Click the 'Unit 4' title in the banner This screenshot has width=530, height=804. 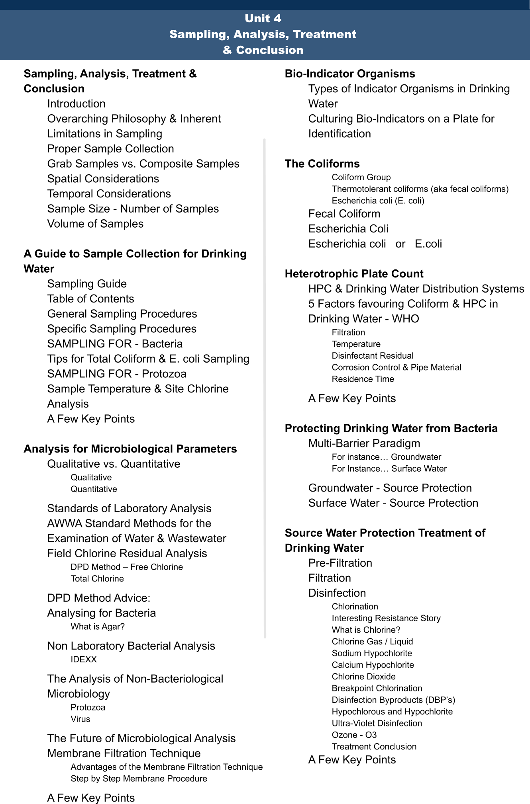[263, 18]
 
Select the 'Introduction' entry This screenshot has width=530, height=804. [76, 104]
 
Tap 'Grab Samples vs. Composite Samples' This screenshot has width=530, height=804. [143, 164]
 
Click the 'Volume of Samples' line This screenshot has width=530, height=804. [95, 224]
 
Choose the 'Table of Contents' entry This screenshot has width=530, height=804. [90, 299]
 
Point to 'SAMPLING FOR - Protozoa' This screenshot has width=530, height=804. [117, 374]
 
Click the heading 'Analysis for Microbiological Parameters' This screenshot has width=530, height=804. [130, 449]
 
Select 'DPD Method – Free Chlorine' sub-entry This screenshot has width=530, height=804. [127, 567]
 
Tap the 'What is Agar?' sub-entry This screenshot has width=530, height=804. [98, 627]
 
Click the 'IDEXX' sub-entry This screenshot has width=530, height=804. [84, 660]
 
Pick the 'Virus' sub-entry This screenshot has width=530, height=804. [80, 719]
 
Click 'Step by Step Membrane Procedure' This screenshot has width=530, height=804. [139, 779]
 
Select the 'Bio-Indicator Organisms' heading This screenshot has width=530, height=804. [350, 74]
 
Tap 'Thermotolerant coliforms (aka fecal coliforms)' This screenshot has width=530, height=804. [420, 189]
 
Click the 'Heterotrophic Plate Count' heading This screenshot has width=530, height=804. [354, 274]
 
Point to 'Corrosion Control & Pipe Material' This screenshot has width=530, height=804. [397, 367]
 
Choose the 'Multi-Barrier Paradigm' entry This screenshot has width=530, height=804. [364, 443]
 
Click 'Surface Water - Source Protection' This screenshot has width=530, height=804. [393, 503]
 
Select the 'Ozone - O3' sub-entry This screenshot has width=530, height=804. [354, 735]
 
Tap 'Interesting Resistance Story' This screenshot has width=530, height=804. [386, 619]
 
